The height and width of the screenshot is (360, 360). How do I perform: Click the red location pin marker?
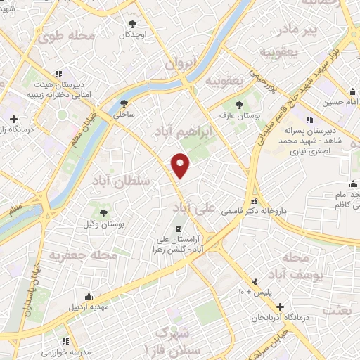(181, 165)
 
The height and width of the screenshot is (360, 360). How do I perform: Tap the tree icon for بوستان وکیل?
(104, 212)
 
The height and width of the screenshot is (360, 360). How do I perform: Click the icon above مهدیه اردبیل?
(88, 297)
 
